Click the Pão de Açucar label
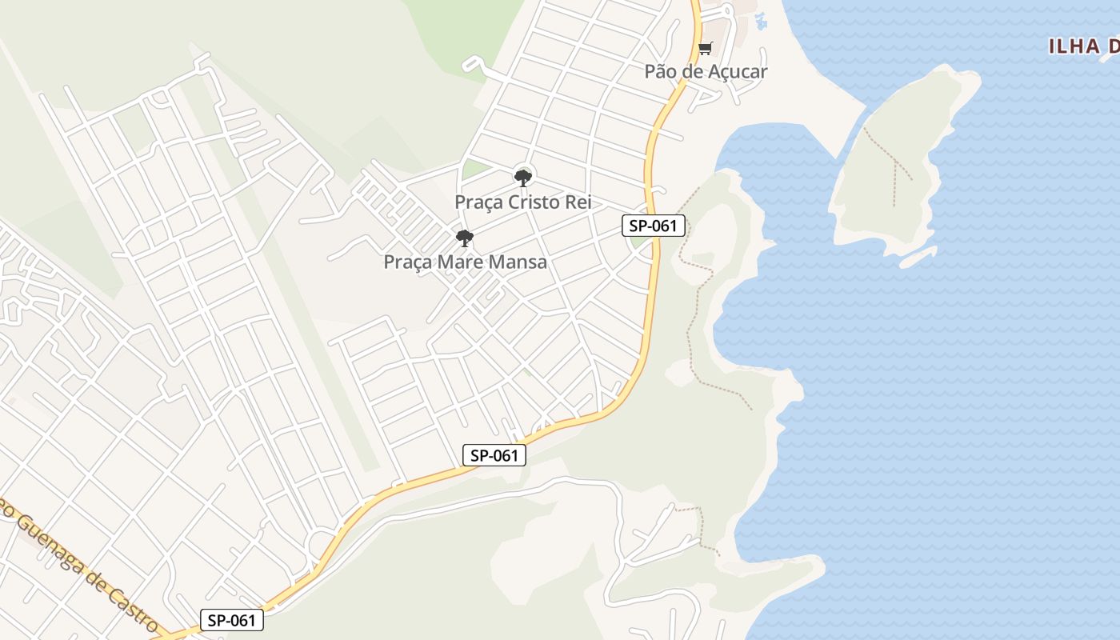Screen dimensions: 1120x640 (706, 71)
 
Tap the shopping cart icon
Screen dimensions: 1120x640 (705, 49)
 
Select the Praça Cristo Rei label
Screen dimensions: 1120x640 (523, 202)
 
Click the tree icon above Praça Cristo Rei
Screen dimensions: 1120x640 (523, 178)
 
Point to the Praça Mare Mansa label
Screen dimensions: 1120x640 (465, 262)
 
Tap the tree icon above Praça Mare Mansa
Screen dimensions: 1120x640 (464, 238)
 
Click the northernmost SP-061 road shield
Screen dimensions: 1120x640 (654, 226)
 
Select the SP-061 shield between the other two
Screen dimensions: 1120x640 (494, 455)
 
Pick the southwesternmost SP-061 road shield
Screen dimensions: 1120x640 (231, 620)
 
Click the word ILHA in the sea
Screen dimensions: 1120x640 (1074, 46)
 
